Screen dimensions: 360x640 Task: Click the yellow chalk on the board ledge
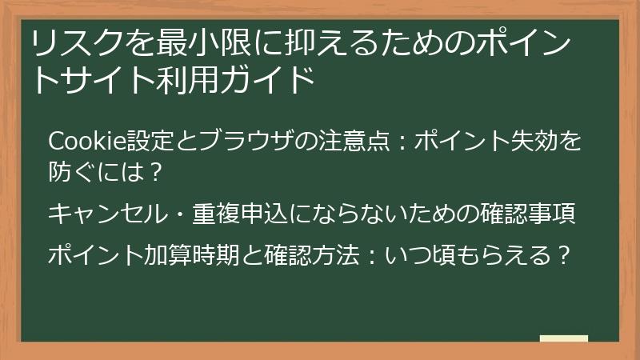pyautogui.click(x=564, y=338)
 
